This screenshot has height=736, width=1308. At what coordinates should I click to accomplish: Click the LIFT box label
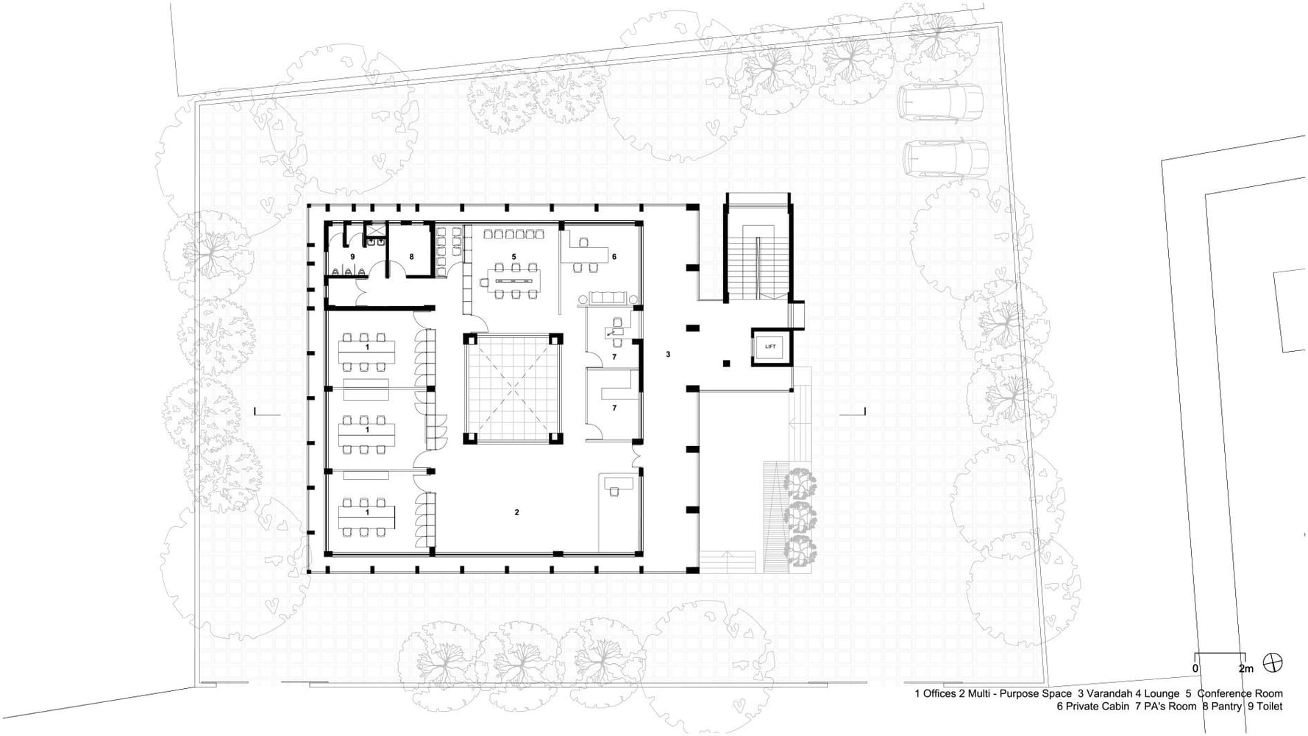tap(770, 347)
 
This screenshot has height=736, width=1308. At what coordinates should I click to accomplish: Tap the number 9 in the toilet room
tap(352, 256)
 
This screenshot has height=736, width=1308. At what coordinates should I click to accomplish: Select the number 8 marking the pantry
tap(411, 256)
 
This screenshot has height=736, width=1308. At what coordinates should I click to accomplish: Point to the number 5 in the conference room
tap(514, 256)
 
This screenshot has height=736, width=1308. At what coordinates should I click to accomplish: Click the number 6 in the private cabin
tap(614, 256)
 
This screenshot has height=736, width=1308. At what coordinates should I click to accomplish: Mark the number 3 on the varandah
tap(668, 355)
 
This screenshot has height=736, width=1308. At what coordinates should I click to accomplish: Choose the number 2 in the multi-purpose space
tap(516, 512)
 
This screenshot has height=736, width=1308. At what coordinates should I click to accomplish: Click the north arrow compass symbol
tap(1273, 662)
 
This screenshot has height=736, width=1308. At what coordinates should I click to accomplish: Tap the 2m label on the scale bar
tap(1246, 669)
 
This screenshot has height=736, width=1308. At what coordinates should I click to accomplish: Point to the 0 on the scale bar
tap(1195, 669)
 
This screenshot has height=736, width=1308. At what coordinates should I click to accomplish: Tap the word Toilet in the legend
tap(1270, 707)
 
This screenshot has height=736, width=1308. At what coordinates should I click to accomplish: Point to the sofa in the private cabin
tap(608, 297)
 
